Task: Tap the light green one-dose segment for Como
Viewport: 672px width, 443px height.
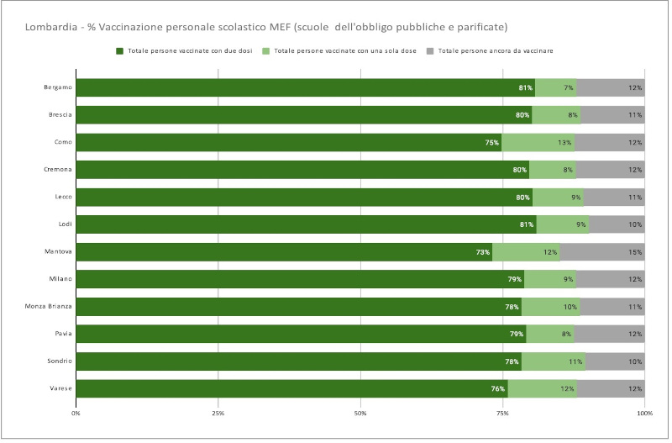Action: [538, 142]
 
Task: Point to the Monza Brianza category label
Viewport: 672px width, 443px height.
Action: [49, 307]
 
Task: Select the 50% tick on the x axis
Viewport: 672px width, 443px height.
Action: [360, 414]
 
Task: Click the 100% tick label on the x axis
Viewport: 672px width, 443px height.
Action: [644, 414]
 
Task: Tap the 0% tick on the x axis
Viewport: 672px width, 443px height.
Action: [76, 414]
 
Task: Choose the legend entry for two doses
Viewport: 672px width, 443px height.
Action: [184, 51]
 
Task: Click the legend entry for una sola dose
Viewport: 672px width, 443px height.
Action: [341, 51]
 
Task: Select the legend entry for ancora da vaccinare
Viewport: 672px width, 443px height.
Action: [491, 51]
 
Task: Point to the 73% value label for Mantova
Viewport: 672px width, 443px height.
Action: [482, 252]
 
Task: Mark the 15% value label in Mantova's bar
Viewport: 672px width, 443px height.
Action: [636, 252]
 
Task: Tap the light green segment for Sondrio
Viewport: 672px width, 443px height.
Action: [553, 361]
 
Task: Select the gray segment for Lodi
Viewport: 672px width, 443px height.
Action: [617, 224]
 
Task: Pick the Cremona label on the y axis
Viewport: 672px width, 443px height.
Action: [57, 170]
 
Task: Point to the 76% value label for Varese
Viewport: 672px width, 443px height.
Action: [497, 389]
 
